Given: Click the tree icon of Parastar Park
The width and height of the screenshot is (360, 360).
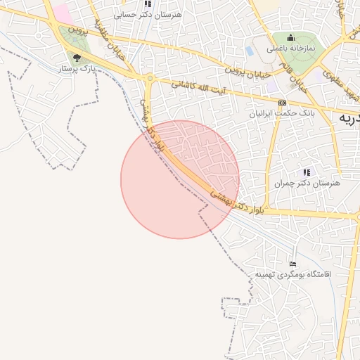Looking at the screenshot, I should [77, 58].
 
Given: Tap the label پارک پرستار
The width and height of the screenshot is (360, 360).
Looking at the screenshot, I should [77, 69].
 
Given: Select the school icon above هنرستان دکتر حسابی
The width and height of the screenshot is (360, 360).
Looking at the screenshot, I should [148, 4].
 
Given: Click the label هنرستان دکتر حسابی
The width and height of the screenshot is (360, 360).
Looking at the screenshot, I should [148, 14].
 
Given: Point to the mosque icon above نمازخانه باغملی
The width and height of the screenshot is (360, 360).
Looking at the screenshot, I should [291, 37].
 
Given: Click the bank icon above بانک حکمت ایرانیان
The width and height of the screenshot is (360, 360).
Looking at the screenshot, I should [282, 102].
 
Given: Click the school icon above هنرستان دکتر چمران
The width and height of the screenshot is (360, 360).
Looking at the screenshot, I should [307, 172].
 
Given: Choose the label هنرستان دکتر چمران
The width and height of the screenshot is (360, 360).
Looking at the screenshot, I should [307, 182].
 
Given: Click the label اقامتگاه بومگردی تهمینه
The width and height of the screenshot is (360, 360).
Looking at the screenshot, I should [292, 274].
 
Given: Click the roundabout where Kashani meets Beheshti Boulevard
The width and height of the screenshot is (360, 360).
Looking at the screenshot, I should [150, 78].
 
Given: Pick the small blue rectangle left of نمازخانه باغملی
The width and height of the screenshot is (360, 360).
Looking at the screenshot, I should [250, 51].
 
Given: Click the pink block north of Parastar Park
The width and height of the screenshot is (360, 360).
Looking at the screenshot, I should [62, 12].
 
